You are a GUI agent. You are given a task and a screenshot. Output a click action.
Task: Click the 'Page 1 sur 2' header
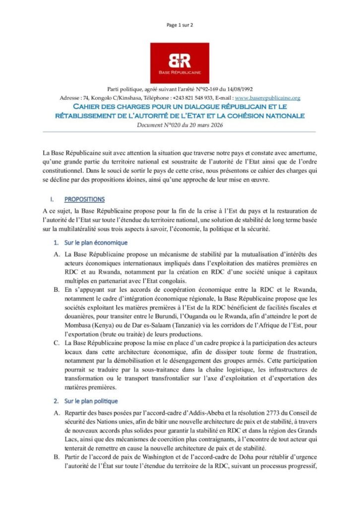pos(180,24)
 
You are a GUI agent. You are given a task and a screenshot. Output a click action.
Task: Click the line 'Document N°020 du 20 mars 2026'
pos(180,125)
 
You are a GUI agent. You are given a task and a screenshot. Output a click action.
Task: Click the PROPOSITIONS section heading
pos(84,199)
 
